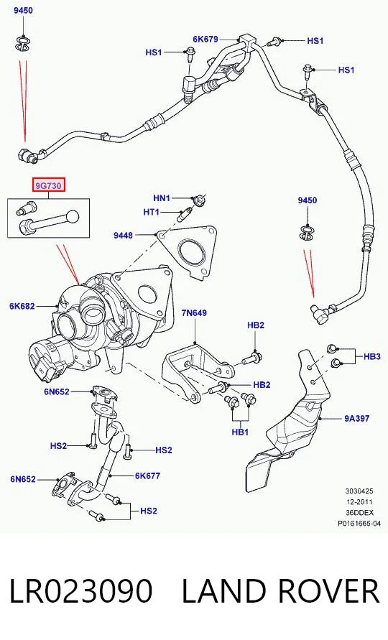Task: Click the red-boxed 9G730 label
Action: coord(49,186)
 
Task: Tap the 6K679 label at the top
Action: coord(205,40)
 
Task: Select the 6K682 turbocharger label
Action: coord(22,306)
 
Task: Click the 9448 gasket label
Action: coord(123,235)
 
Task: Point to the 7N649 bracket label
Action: coord(194,312)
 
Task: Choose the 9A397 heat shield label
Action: coord(356,418)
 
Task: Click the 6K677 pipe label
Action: coord(147,476)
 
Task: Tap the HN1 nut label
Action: coord(162,198)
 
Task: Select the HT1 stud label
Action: coord(151,212)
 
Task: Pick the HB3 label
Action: coord(372,356)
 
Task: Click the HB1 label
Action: coord(240,432)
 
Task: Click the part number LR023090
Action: coord(80,591)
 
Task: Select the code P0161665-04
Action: coord(359,523)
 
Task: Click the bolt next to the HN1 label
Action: coord(199,200)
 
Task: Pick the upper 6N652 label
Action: coord(57,391)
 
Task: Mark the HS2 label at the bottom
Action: coord(148,511)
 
